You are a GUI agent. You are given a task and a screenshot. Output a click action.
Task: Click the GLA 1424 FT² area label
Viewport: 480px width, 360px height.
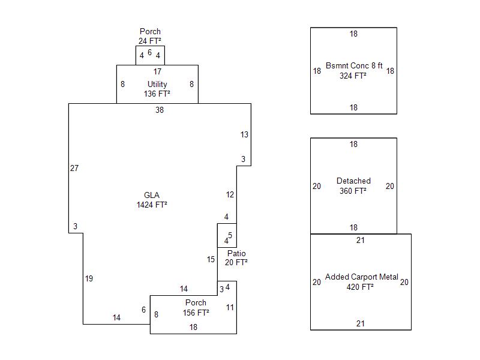coord(151,200)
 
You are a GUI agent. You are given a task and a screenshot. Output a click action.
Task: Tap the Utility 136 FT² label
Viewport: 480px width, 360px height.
coord(157,89)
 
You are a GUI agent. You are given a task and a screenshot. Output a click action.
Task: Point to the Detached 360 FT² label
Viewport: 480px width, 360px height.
coord(353,185)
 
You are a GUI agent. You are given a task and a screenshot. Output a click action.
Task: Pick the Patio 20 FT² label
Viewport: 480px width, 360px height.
coord(236,257)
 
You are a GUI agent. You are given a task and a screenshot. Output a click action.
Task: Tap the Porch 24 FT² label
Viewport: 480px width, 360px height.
coord(150,36)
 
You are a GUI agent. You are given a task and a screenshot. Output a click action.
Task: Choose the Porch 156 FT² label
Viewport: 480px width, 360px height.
coord(196,307)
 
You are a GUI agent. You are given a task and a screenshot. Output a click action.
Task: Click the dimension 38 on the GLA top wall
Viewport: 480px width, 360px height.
coord(159,110)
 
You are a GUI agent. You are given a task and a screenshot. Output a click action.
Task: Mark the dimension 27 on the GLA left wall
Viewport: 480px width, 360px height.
coord(74,168)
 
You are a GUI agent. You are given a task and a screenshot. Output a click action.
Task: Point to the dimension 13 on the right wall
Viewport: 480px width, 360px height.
coord(244,134)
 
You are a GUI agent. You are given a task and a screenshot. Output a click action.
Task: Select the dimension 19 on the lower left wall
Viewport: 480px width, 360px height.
coord(89,278)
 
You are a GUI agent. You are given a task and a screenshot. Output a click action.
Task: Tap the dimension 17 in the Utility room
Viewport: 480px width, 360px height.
coord(157,71)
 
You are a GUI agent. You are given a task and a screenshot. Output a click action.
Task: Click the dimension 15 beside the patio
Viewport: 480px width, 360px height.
coord(211,259)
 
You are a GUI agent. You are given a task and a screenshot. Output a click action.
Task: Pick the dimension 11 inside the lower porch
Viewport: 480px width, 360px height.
coord(230,307)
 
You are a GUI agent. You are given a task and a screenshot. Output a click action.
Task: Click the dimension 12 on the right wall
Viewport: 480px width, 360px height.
coord(230,194)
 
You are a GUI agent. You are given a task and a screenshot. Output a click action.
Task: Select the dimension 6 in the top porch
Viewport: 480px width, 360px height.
coord(150,52)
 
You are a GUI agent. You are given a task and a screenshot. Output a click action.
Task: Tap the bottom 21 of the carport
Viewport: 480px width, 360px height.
coord(361,323)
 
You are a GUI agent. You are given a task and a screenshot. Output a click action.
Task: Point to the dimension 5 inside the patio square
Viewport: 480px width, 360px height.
coord(230,235)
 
